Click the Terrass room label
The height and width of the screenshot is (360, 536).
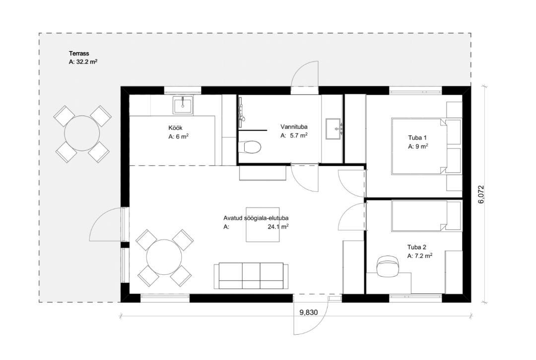(79, 53)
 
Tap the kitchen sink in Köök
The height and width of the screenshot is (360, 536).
(183, 105)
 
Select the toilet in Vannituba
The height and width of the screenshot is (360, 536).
(253, 147)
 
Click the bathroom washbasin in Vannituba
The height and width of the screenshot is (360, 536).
(334, 129)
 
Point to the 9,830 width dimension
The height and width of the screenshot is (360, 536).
(308, 312)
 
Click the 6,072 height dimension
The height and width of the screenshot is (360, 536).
(481, 194)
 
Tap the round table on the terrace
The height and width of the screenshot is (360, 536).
(82, 133)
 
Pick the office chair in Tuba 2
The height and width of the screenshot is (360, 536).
(387, 265)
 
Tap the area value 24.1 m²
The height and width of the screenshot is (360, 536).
(278, 227)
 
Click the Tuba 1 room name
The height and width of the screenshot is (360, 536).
(417, 138)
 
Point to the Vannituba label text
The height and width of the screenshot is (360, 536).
(294, 127)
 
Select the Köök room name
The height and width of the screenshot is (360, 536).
(175, 128)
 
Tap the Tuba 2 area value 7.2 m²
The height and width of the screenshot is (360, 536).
(423, 255)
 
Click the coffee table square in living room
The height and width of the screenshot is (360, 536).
(263, 225)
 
